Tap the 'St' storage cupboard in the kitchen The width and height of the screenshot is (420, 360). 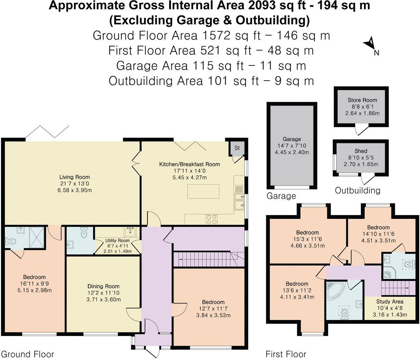tap(237, 148)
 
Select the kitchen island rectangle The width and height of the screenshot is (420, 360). tap(203, 192)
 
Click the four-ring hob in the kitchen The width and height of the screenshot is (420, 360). tap(212, 219)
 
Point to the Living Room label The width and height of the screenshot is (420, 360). tap(74, 177)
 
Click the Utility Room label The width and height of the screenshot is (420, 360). tap(118, 240)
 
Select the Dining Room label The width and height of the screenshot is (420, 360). tap(103, 286)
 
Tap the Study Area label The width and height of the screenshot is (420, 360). tap(390, 301)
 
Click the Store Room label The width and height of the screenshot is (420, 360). tap(362, 100)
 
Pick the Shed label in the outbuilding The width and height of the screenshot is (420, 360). tap(361, 151)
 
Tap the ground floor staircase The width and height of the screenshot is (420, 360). tap(208, 259)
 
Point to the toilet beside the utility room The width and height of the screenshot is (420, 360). tap(84, 233)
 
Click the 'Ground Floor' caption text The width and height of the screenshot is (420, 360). tap(28, 354)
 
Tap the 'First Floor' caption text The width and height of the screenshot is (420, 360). tap(286, 354)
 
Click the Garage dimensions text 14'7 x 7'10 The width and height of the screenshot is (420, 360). tap(292, 146)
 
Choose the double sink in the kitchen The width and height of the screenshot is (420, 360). tap(239, 200)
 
